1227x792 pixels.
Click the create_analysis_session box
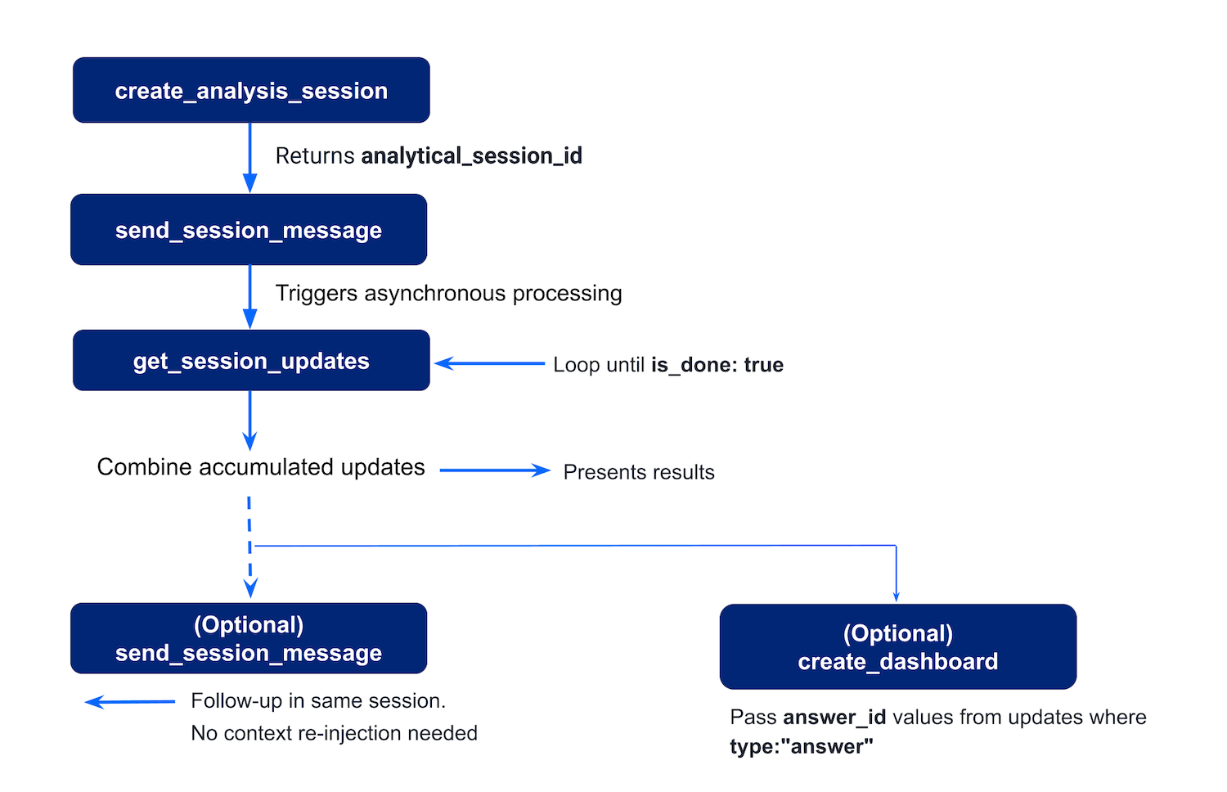(251, 90)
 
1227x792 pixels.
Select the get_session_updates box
(251, 360)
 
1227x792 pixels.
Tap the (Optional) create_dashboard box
(898, 647)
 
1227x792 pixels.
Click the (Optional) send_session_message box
(249, 639)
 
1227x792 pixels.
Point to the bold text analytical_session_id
(472, 156)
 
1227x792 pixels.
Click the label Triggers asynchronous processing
(448, 294)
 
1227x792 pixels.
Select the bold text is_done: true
(717, 365)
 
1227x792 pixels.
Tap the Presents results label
(639, 472)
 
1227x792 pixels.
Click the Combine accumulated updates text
(261, 467)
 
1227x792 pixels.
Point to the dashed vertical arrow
(249, 547)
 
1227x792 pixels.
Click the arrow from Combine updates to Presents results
(495, 470)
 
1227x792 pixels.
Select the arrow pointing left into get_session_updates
(489, 363)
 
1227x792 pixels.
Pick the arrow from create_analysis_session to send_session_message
(250, 158)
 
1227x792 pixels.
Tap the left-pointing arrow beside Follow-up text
(130, 702)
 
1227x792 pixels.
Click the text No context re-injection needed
(334, 733)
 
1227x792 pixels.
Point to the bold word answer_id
(835, 718)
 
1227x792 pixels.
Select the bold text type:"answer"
(802, 747)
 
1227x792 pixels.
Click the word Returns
(315, 156)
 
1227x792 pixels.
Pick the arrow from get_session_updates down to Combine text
(250, 421)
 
